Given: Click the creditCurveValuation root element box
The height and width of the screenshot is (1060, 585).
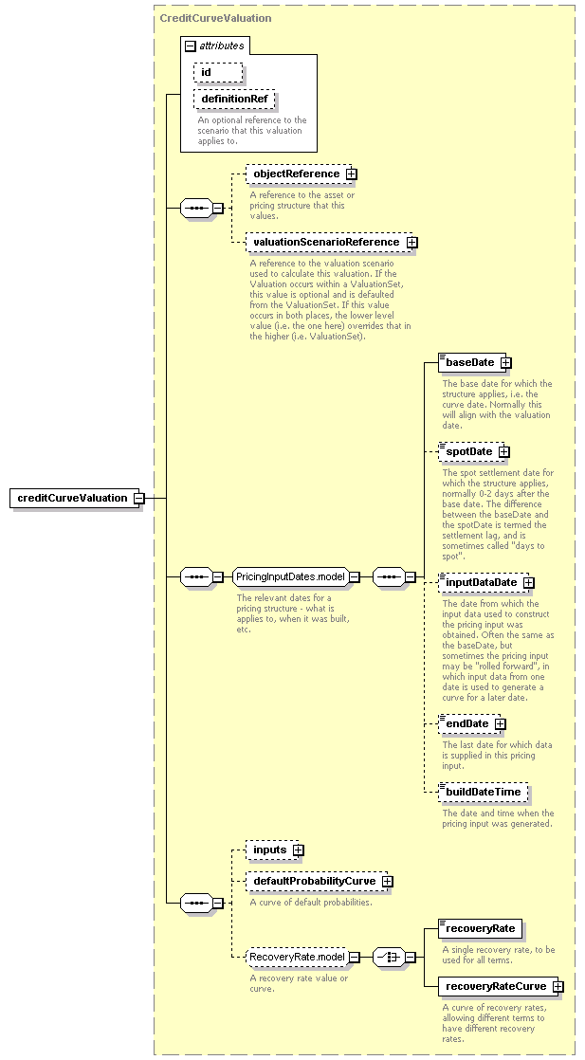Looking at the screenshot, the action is pyautogui.click(x=74, y=498).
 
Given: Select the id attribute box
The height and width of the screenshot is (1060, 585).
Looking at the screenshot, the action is pyautogui.click(x=218, y=72).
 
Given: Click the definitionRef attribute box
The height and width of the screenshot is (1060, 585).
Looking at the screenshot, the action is pyautogui.click(x=234, y=100).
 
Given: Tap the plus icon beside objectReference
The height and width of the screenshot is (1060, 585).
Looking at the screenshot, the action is pyautogui.click(x=351, y=174).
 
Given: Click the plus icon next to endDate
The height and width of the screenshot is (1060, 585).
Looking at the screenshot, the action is pyautogui.click(x=500, y=724).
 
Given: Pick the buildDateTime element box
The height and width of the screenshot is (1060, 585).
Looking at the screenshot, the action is pyautogui.click(x=483, y=793).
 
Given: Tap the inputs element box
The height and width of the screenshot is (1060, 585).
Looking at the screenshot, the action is pyautogui.click(x=272, y=850).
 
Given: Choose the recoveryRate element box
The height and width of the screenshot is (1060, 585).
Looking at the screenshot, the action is pyautogui.click(x=480, y=929).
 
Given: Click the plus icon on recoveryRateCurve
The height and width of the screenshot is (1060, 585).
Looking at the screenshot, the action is pyautogui.click(x=558, y=987).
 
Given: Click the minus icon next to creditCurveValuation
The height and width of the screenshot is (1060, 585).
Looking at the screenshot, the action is pyautogui.click(x=138, y=498).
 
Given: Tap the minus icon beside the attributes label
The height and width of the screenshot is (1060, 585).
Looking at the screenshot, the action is pyautogui.click(x=190, y=46).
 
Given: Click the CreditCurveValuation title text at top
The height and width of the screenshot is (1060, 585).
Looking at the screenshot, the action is pyautogui.click(x=215, y=18).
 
